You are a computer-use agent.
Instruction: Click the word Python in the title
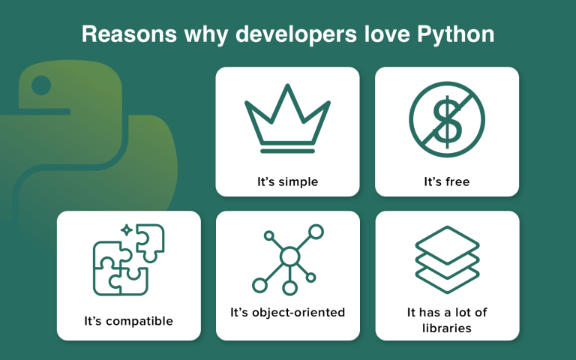pyautogui.click(x=455, y=34)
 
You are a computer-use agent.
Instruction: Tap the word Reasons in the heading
pyautogui.click(x=129, y=34)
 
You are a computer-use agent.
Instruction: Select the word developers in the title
pyautogui.click(x=296, y=35)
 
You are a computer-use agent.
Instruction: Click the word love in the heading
pyautogui.click(x=387, y=34)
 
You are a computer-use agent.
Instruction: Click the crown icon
pyautogui.click(x=288, y=118)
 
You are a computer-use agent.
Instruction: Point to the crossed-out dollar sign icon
pyautogui.click(x=447, y=119)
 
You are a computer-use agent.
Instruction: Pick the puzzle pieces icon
pyautogui.click(x=128, y=259)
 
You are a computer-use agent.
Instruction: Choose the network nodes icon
pyautogui.click(x=288, y=259)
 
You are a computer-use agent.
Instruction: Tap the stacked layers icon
pyautogui.click(x=447, y=259)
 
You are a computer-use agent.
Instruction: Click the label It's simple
pyautogui.click(x=288, y=181)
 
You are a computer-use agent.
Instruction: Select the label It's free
pyautogui.click(x=447, y=181)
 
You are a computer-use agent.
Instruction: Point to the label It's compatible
pyautogui.click(x=128, y=321)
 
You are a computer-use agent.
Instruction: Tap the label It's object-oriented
pyautogui.click(x=288, y=312)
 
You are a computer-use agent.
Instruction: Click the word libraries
pyautogui.click(x=447, y=328)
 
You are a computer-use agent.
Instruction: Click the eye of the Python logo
pyautogui.click(x=41, y=85)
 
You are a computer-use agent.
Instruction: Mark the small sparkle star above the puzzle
pyautogui.click(x=126, y=230)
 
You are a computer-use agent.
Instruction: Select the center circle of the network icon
pyautogui.click(x=289, y=256)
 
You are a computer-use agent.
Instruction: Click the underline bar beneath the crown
pyautogui.click(x=288, y=151)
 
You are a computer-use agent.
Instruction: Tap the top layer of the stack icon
pyautogui.click(x=447, y=244)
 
